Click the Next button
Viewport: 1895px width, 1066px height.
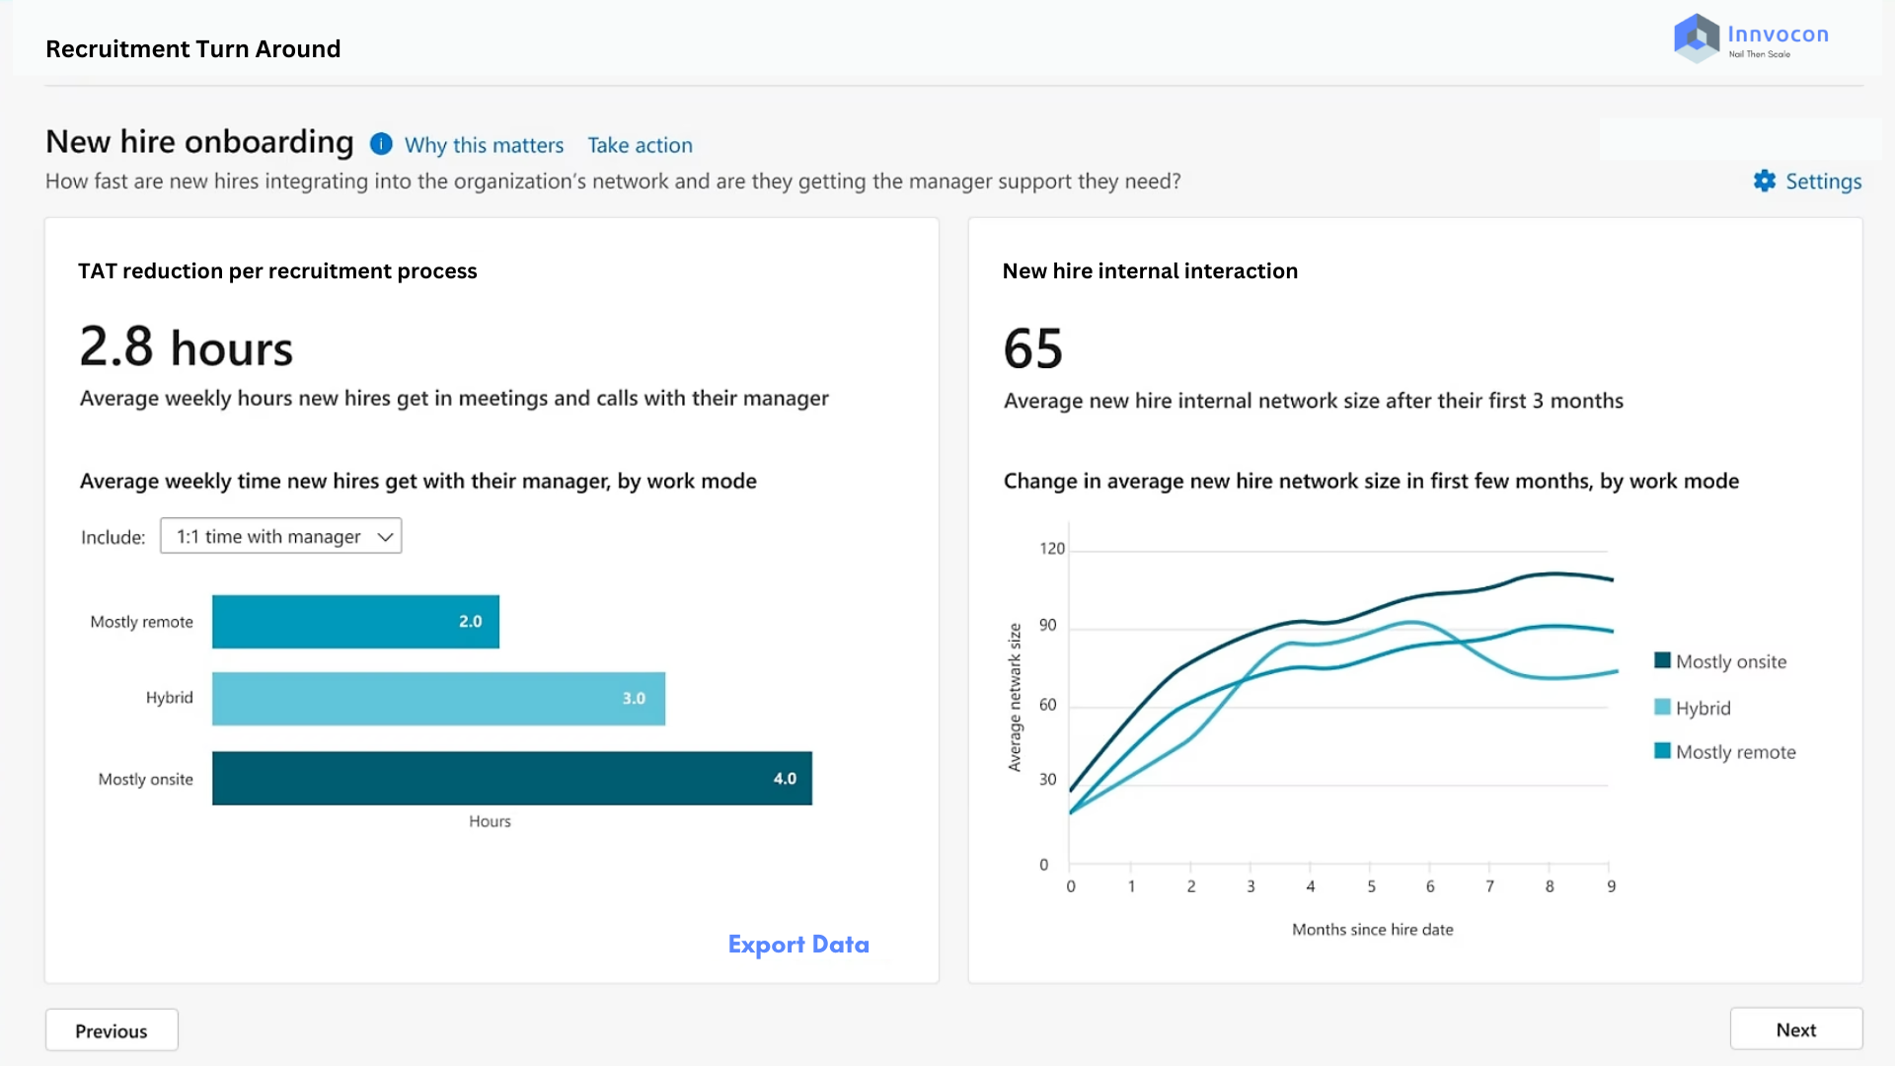point(1796,1029)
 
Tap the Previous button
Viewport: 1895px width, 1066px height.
point(112,1030)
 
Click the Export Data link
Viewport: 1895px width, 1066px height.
point(798,945)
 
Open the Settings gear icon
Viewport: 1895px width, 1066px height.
point(1765,181)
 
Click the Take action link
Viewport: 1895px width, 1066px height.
point(640,145)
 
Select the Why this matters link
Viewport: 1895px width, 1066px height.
point(484,145)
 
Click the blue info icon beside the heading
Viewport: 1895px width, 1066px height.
point(381,144)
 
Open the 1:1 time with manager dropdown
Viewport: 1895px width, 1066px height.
point(281,536)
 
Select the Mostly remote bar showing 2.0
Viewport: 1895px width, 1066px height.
point(355,622)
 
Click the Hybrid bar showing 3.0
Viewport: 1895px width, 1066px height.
point(438,699)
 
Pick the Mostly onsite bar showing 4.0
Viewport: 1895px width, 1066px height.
point(512,778)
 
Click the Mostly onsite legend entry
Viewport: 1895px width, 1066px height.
point(1720,661)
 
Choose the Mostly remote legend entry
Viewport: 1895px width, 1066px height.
point(1725,752)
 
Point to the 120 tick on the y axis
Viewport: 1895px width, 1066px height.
point(1052,549)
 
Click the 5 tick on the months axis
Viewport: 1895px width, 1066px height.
point(1371,886)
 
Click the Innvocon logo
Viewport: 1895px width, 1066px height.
point(1752,38)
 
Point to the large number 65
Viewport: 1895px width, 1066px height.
point(1033,348)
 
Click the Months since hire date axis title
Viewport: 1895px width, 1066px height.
point(1373,930)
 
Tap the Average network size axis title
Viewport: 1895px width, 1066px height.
point(1015,698)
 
